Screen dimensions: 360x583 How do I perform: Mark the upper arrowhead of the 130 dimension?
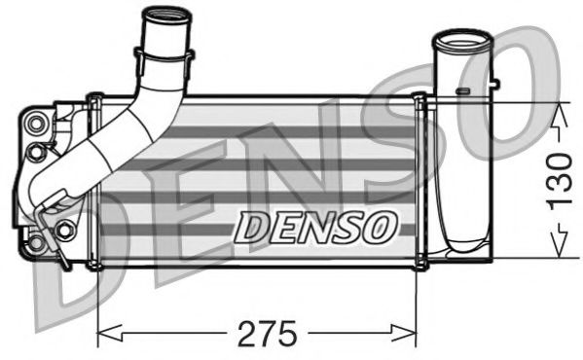pos(557,113)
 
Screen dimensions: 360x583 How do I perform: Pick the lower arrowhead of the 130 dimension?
pos(557,250)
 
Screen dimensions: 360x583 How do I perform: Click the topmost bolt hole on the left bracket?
pos(37,123)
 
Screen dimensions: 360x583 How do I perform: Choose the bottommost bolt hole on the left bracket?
pos(36,241)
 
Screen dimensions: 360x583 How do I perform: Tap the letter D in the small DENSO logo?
pos(252,228)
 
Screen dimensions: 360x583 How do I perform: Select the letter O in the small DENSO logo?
pos(383,227)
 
